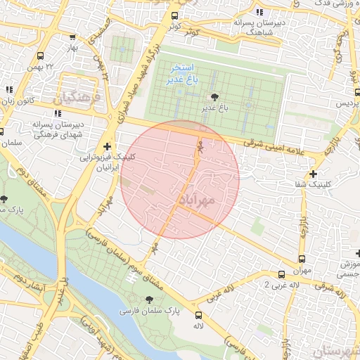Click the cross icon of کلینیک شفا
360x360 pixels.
pyautogui.click(x=313, y=173)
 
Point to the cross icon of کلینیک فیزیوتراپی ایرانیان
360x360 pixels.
pyautogui.click(x=106, y=146)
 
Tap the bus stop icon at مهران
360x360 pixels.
pyautogui.click(x=302, y=258)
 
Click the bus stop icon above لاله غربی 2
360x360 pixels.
pyautogui.click(x=281, y=274)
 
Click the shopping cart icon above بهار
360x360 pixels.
pyautogui.click(x=73, y=37)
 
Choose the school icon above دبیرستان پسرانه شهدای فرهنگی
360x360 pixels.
pyautogui.click(x=57, y=112)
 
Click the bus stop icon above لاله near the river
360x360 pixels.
pyautogui.click(x=198, y=316)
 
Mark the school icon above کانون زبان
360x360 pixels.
pyautogui.click(x=9, y=90)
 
